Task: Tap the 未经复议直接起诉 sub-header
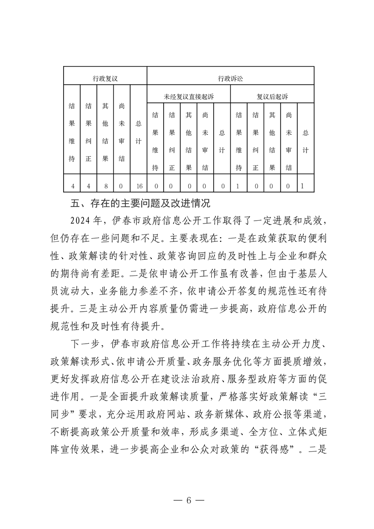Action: point(189,97)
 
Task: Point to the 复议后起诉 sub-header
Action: point(272,97)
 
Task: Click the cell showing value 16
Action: point(138,186)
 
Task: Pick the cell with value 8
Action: point(105,186)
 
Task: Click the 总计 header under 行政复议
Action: point(138,132)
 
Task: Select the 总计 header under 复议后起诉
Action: point(305,141)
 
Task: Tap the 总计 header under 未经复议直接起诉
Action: point(222,141)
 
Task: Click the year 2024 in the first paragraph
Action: point(80,221)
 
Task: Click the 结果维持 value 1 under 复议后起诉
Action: point(239,186)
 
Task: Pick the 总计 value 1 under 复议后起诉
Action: point(302,186)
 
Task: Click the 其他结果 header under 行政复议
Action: point(105,132)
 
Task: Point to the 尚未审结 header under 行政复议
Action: point(122,132)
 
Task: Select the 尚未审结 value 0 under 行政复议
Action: point(122,186)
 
